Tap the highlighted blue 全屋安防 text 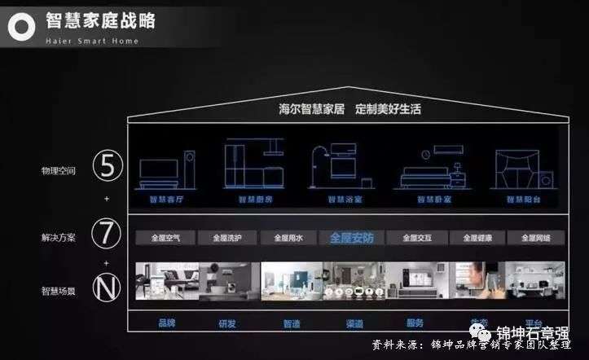(x=352, y=238)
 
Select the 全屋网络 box (x=536, y=238)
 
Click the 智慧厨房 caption (x=253, y=199)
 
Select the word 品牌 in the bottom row (x=167, y=323)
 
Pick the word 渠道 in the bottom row (x=354, y=323)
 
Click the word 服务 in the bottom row (x=415, y=323)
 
